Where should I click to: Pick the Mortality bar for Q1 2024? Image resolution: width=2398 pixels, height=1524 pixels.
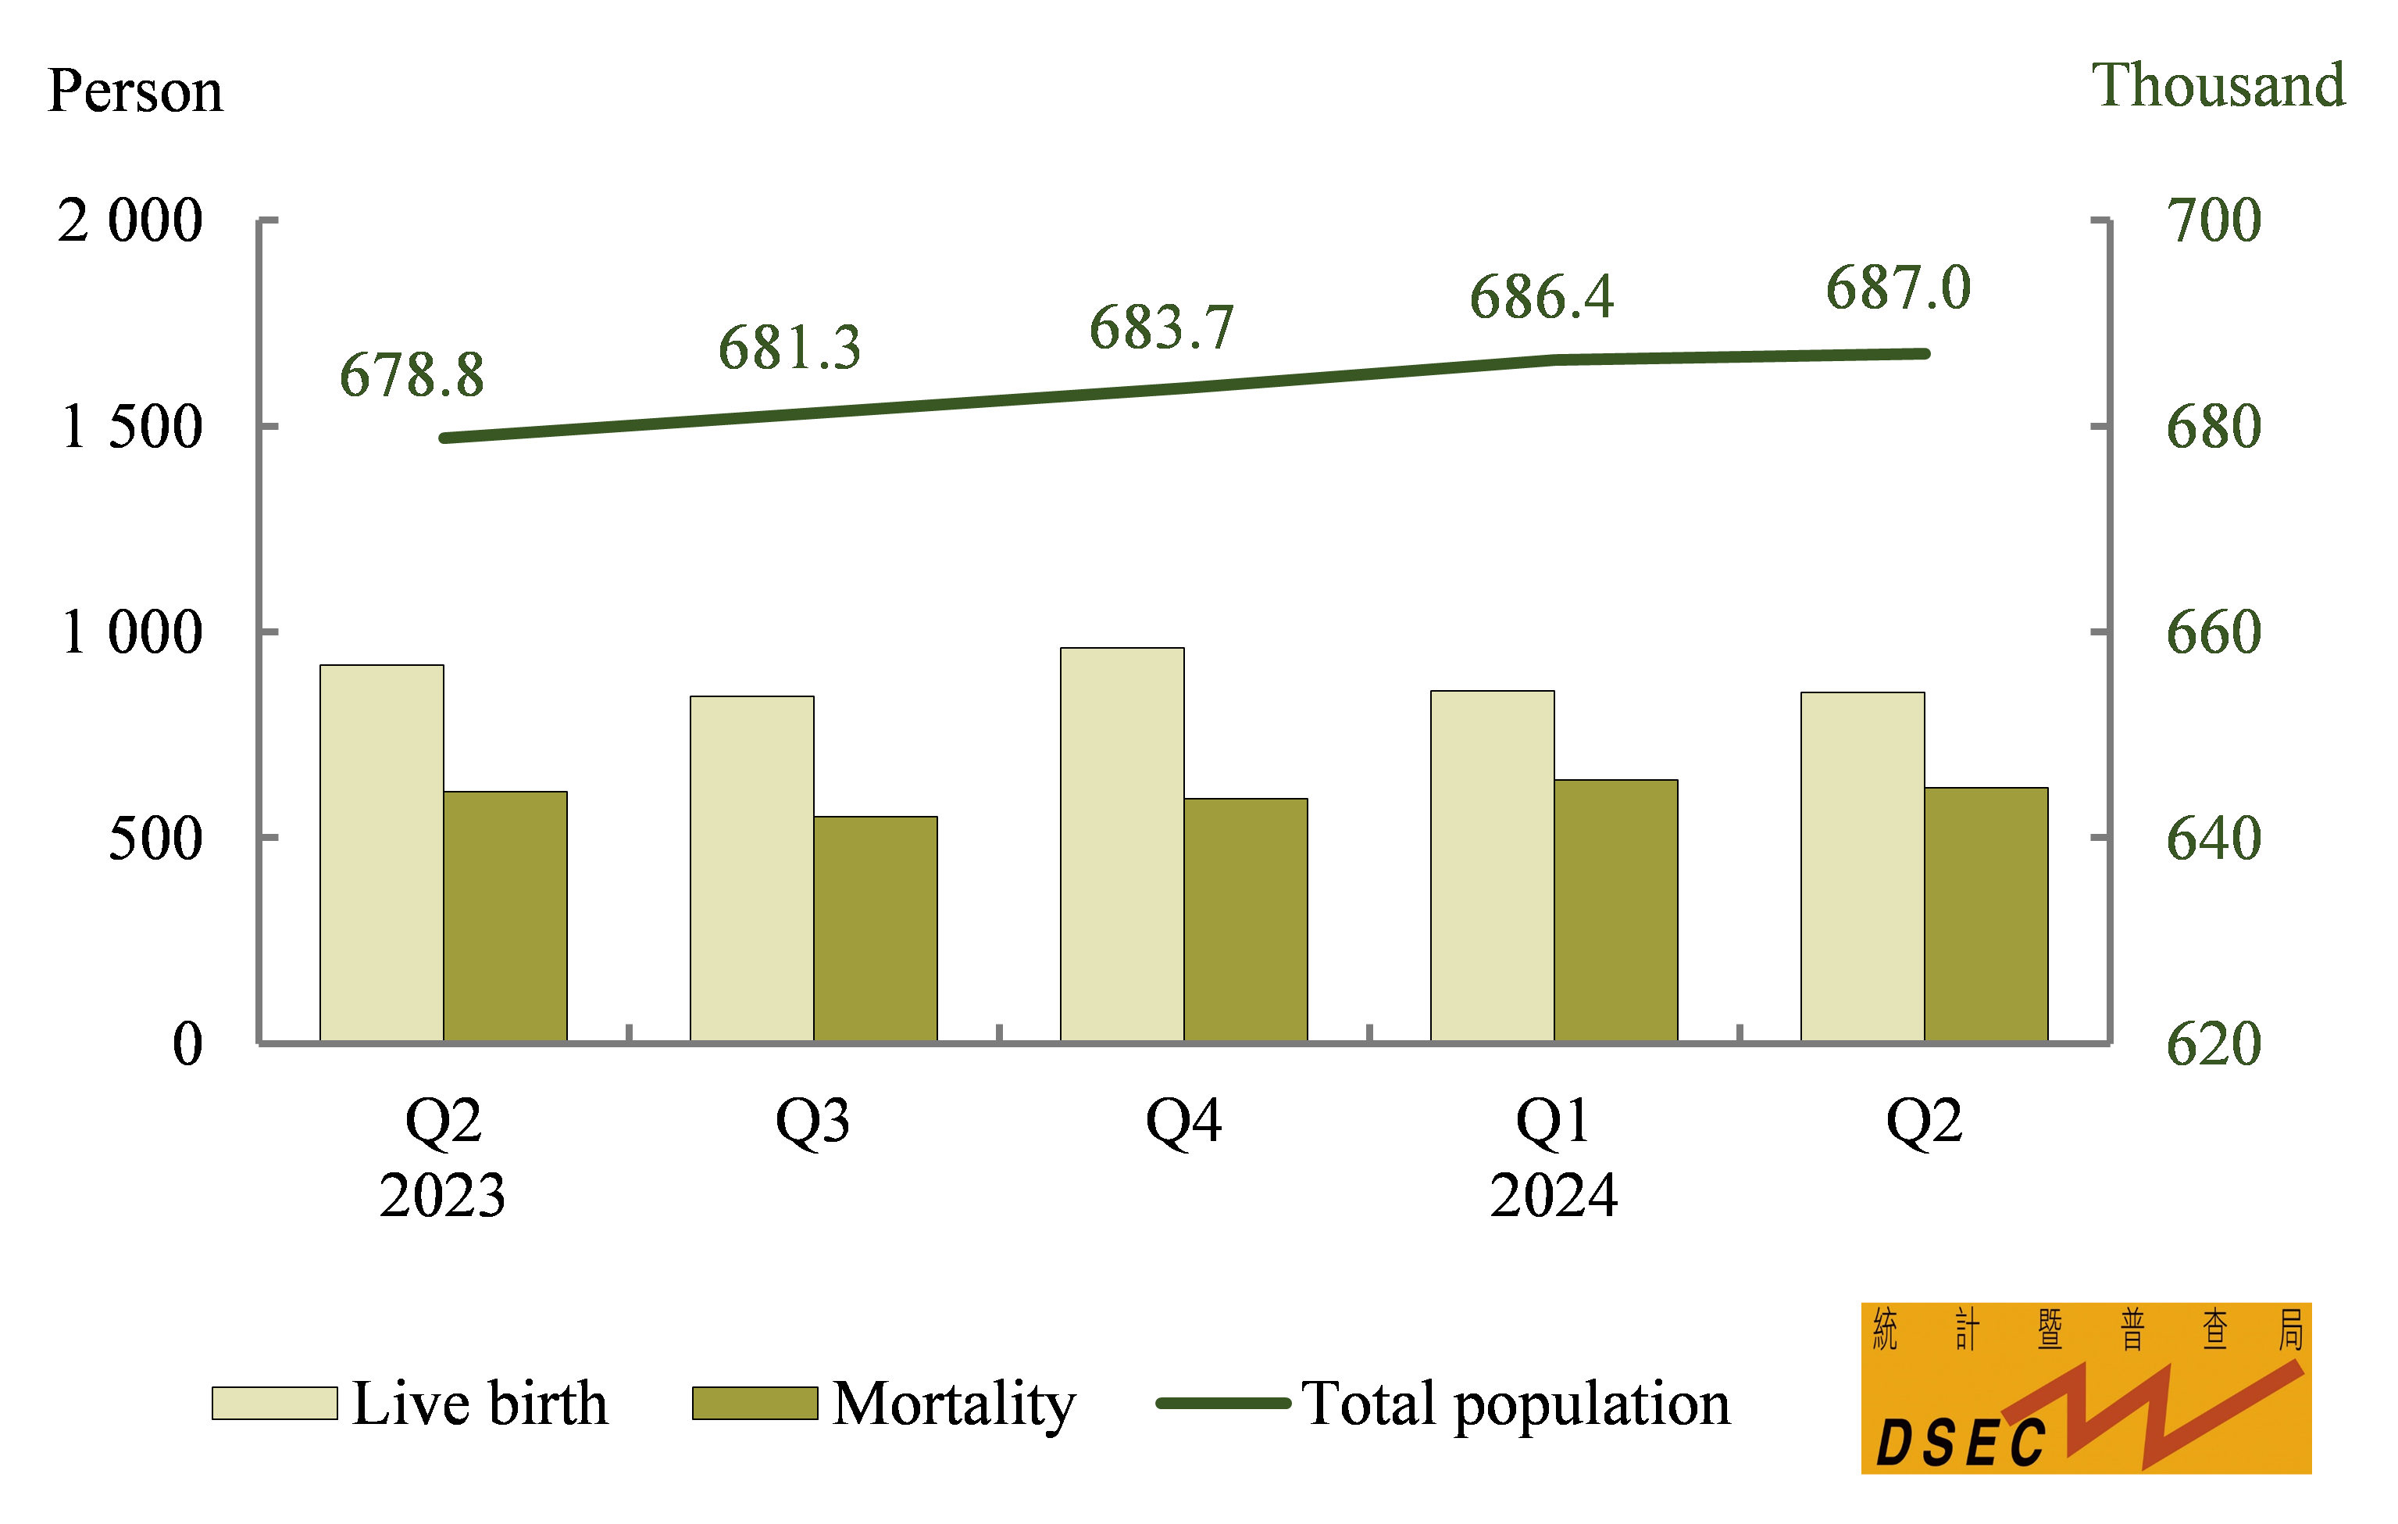(x=1615, y=910)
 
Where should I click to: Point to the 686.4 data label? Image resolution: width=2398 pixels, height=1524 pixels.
(x=1542, y=297)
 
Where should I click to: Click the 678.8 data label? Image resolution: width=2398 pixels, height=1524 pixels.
(x=412, y=375)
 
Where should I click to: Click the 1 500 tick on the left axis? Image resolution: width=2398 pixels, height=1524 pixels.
(x=131, y=428)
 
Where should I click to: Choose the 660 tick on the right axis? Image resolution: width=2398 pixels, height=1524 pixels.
(x=2213, y=631)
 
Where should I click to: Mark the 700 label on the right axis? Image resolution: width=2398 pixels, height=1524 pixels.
(x=2213, y=220)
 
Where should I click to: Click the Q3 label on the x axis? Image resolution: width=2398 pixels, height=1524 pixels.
(x=812, y=1121)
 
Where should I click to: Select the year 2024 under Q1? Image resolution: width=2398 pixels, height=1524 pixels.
(x=1554, y=1195)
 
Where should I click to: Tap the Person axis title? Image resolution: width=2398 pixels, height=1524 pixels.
(x=135, y=91)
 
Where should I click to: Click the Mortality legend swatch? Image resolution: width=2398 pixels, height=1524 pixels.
(x=755, y=1403)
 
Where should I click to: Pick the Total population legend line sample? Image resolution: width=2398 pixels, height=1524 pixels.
(x=1223, y=1404)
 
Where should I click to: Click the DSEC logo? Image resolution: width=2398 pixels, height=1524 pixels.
(x=2086, y=1387)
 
